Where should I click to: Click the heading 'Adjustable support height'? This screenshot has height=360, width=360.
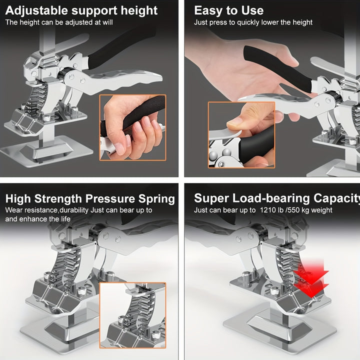pyautogui.click(x=81, y=10)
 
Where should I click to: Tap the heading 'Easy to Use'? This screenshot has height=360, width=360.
pyautogui.click(x=228, y=10)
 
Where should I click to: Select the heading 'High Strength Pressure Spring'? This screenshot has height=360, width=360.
pyautogui.click(x=90, y=199)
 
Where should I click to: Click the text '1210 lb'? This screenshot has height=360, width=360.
pyautogui.click(x=272, y=210)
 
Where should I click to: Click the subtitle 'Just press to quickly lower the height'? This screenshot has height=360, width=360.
pyautogui.click(x=253, y=22)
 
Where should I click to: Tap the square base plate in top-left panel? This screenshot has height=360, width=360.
pyautogui.click(x=50, y=149)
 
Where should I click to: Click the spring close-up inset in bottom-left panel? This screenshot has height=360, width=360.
pyautogui.click(x=132, y=315)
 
